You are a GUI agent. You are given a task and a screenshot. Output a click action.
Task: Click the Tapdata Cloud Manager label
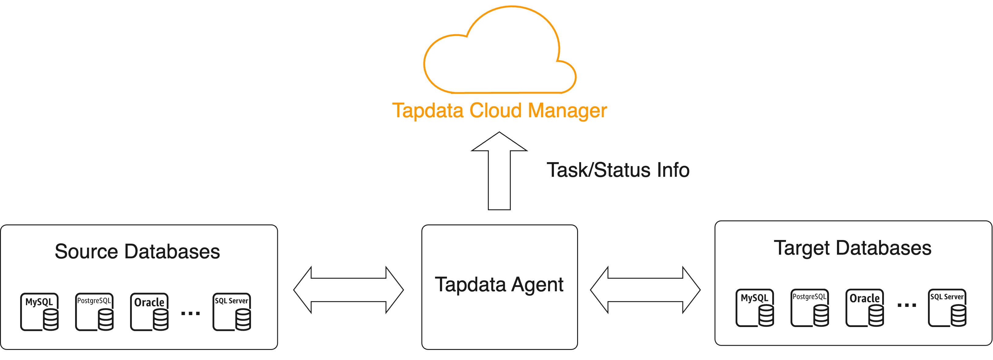pos(499,110)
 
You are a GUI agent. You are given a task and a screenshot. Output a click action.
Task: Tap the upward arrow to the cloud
pos(499,172)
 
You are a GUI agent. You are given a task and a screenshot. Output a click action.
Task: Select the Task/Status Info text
pos(618,170)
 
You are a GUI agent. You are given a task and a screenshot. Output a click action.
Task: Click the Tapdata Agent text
pos(499,285)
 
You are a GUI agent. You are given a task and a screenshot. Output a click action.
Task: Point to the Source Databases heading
pos(137,251)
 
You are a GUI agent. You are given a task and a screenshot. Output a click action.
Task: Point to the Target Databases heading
pos(852,248)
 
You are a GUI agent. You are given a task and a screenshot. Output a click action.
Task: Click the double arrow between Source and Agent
pos(348,290)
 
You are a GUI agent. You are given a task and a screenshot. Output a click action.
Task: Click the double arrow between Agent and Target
pos(645,290)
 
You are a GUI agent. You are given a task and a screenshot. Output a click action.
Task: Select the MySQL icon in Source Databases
pos(40,312)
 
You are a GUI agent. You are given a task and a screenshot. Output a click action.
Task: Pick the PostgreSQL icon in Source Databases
pos(94,312)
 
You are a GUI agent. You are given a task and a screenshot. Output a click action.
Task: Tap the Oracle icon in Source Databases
pos(150,312)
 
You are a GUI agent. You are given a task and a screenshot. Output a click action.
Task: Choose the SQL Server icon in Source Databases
pos(232,312)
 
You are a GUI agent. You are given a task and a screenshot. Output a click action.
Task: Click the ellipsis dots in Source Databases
pos(191,313)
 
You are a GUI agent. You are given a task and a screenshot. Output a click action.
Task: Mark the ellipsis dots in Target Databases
pos(907,305)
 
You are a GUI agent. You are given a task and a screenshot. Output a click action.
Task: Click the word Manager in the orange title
pos(567,110)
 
